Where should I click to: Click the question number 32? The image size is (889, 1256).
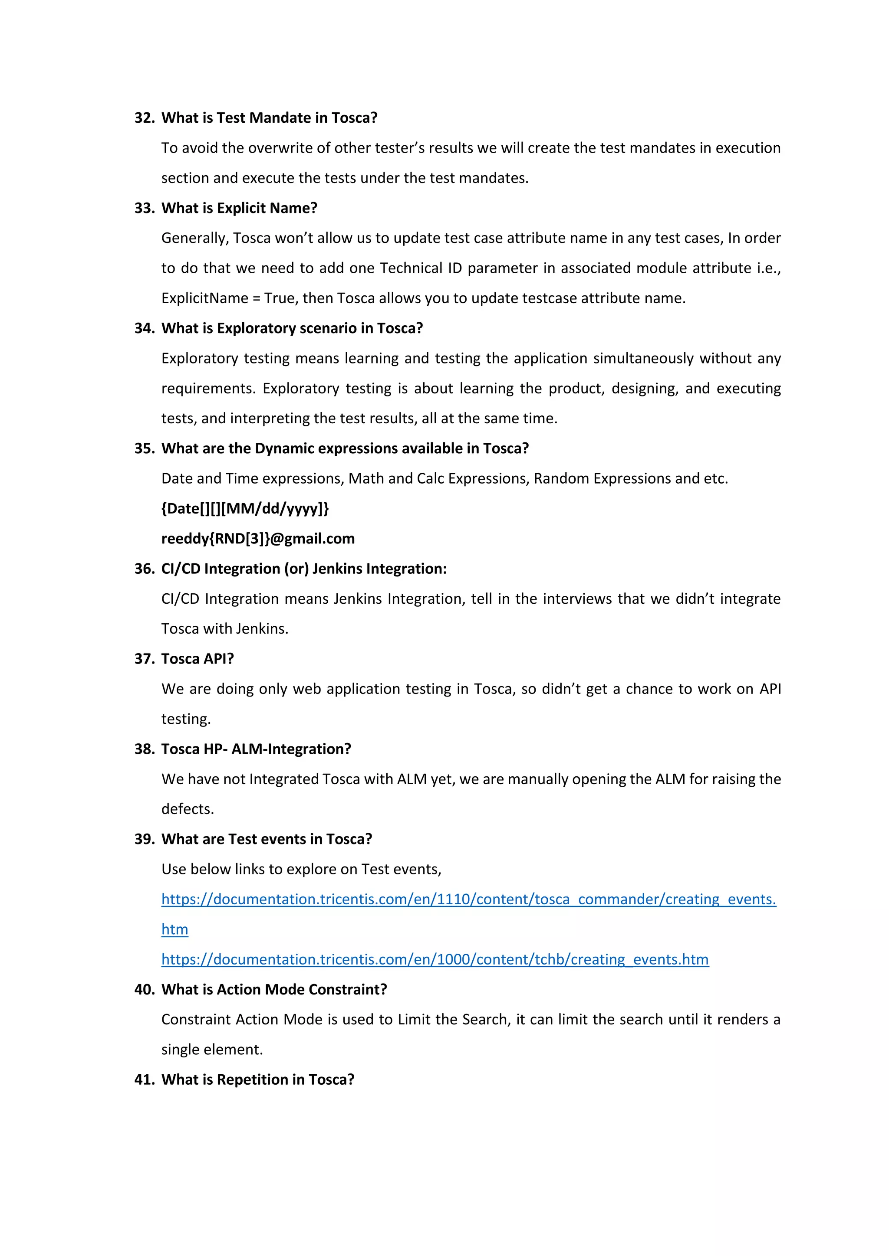(x=144, y=118)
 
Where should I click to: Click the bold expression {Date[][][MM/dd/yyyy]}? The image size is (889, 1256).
(x=245, y=509)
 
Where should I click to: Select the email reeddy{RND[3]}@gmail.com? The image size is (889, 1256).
(x=258, y=539)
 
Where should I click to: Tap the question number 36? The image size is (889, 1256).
(x=144, y=569)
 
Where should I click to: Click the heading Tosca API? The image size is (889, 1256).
(x=197, y=659)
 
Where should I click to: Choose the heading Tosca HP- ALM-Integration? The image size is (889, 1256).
(x=256, y=749)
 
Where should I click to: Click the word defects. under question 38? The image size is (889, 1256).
(x=187, y=809)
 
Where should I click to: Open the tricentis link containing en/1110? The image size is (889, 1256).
(x=468, y=899)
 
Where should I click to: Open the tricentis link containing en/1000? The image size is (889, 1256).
(x=435, y=959)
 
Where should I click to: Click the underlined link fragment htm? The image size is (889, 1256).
(x=175, y=929)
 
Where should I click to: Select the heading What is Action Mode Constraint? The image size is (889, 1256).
(x=274, y=990)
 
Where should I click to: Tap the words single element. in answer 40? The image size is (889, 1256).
(x=212, y=1050)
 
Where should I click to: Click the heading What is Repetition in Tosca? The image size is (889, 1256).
(x=257, y=1080)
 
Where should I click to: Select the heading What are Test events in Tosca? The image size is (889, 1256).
(x=267, y=839)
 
